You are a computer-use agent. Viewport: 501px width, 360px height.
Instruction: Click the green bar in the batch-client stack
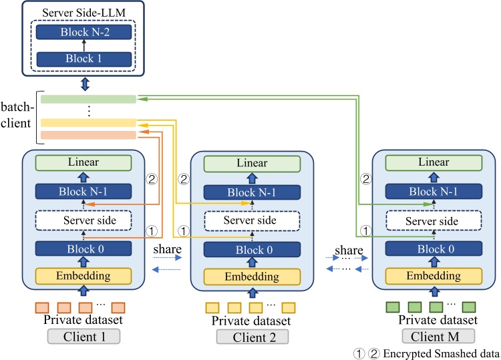[88, 99]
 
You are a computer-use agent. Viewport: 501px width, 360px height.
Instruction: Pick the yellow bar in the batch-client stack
[88, 123]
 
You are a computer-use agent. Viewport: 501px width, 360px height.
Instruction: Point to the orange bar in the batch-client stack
[88, 135]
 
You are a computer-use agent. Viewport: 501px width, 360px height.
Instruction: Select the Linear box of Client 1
[83, 162]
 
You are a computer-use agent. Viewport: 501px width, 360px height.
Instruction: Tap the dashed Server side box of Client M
[431, 221]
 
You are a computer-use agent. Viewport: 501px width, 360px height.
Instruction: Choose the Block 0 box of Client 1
[83, 248]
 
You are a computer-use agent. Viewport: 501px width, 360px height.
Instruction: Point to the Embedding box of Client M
[431, 276]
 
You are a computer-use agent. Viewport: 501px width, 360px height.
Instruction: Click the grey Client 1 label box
[84, 336]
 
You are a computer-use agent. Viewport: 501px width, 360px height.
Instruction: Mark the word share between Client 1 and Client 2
[165, 249]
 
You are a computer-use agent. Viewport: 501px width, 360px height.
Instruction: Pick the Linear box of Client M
[431, 162]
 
